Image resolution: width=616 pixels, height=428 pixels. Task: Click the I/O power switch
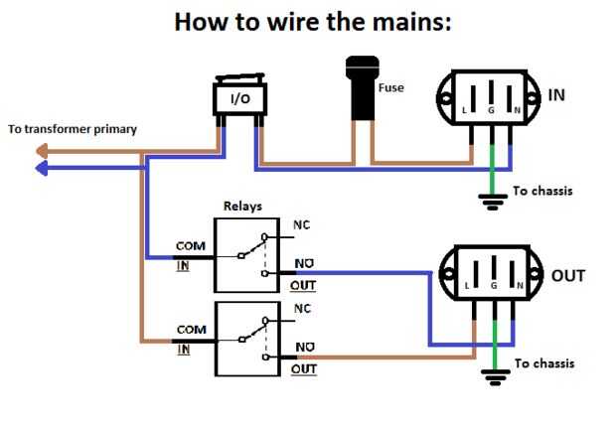239,99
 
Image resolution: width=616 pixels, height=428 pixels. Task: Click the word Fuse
391,88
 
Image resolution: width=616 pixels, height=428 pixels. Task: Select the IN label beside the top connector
557,95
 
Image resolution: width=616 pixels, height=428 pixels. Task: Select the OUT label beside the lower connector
567,275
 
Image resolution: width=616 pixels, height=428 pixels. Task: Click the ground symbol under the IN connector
490,202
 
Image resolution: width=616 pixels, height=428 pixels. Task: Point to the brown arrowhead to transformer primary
41,152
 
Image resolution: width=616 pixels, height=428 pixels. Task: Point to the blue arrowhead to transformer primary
41,169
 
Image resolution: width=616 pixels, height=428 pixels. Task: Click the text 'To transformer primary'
72,129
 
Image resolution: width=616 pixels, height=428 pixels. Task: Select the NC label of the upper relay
301,225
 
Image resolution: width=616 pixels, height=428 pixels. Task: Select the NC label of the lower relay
301,309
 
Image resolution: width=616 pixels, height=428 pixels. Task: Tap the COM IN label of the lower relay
191,338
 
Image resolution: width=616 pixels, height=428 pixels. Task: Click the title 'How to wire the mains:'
312,21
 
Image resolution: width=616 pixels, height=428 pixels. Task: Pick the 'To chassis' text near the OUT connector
544,363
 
